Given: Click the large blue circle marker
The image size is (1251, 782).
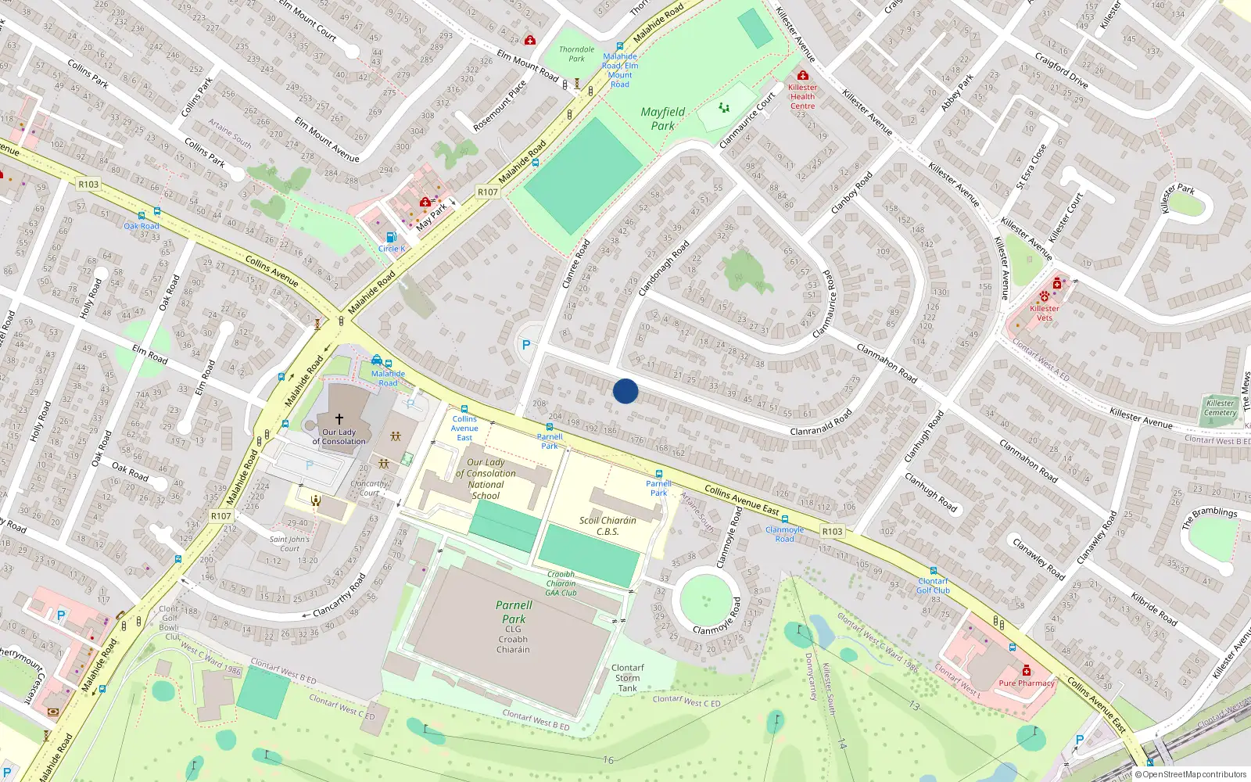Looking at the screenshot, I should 625,391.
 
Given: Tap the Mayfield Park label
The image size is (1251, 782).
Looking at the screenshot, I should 663,119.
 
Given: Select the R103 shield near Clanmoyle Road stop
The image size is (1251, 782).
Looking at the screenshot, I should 832,532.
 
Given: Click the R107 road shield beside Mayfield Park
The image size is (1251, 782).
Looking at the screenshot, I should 488,192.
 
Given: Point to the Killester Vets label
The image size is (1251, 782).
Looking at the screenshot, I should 1045,313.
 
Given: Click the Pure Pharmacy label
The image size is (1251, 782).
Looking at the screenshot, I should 1026,683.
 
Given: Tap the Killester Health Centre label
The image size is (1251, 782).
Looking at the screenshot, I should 802,97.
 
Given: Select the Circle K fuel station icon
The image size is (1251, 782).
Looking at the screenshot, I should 391,238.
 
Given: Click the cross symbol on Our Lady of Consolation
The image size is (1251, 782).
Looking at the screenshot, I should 339,419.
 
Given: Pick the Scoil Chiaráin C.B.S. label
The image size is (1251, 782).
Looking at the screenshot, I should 608,526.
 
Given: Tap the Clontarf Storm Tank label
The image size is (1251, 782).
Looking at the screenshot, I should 628,678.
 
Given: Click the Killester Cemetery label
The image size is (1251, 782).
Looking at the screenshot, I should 1220,408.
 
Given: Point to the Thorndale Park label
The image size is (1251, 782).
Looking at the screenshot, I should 576,54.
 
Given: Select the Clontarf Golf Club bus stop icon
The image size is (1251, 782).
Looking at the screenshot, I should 933,571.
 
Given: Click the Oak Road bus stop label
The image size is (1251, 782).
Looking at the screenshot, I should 142,226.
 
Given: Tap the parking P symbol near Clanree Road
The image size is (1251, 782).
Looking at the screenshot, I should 526,345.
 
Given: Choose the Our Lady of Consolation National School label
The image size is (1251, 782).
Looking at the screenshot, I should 486,479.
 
